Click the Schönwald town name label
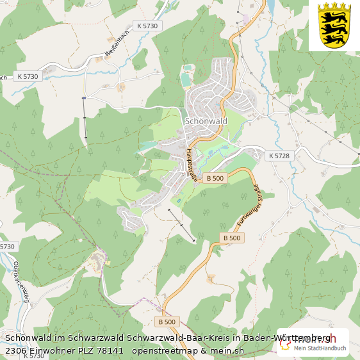tap(206, 120)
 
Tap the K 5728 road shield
tap(279, 156)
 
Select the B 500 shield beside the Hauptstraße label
tap(215, 178)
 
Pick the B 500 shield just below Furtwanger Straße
tap(232, 238)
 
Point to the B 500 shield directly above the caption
tap(166, 322)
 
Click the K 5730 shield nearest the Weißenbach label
tap(147, 26)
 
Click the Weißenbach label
tap(113, 45)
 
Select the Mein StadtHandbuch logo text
tap(320, 348)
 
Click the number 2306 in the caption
tap(15, 350)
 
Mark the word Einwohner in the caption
tap(51, 350)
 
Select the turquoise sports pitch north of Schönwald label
tap(185, 79)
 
